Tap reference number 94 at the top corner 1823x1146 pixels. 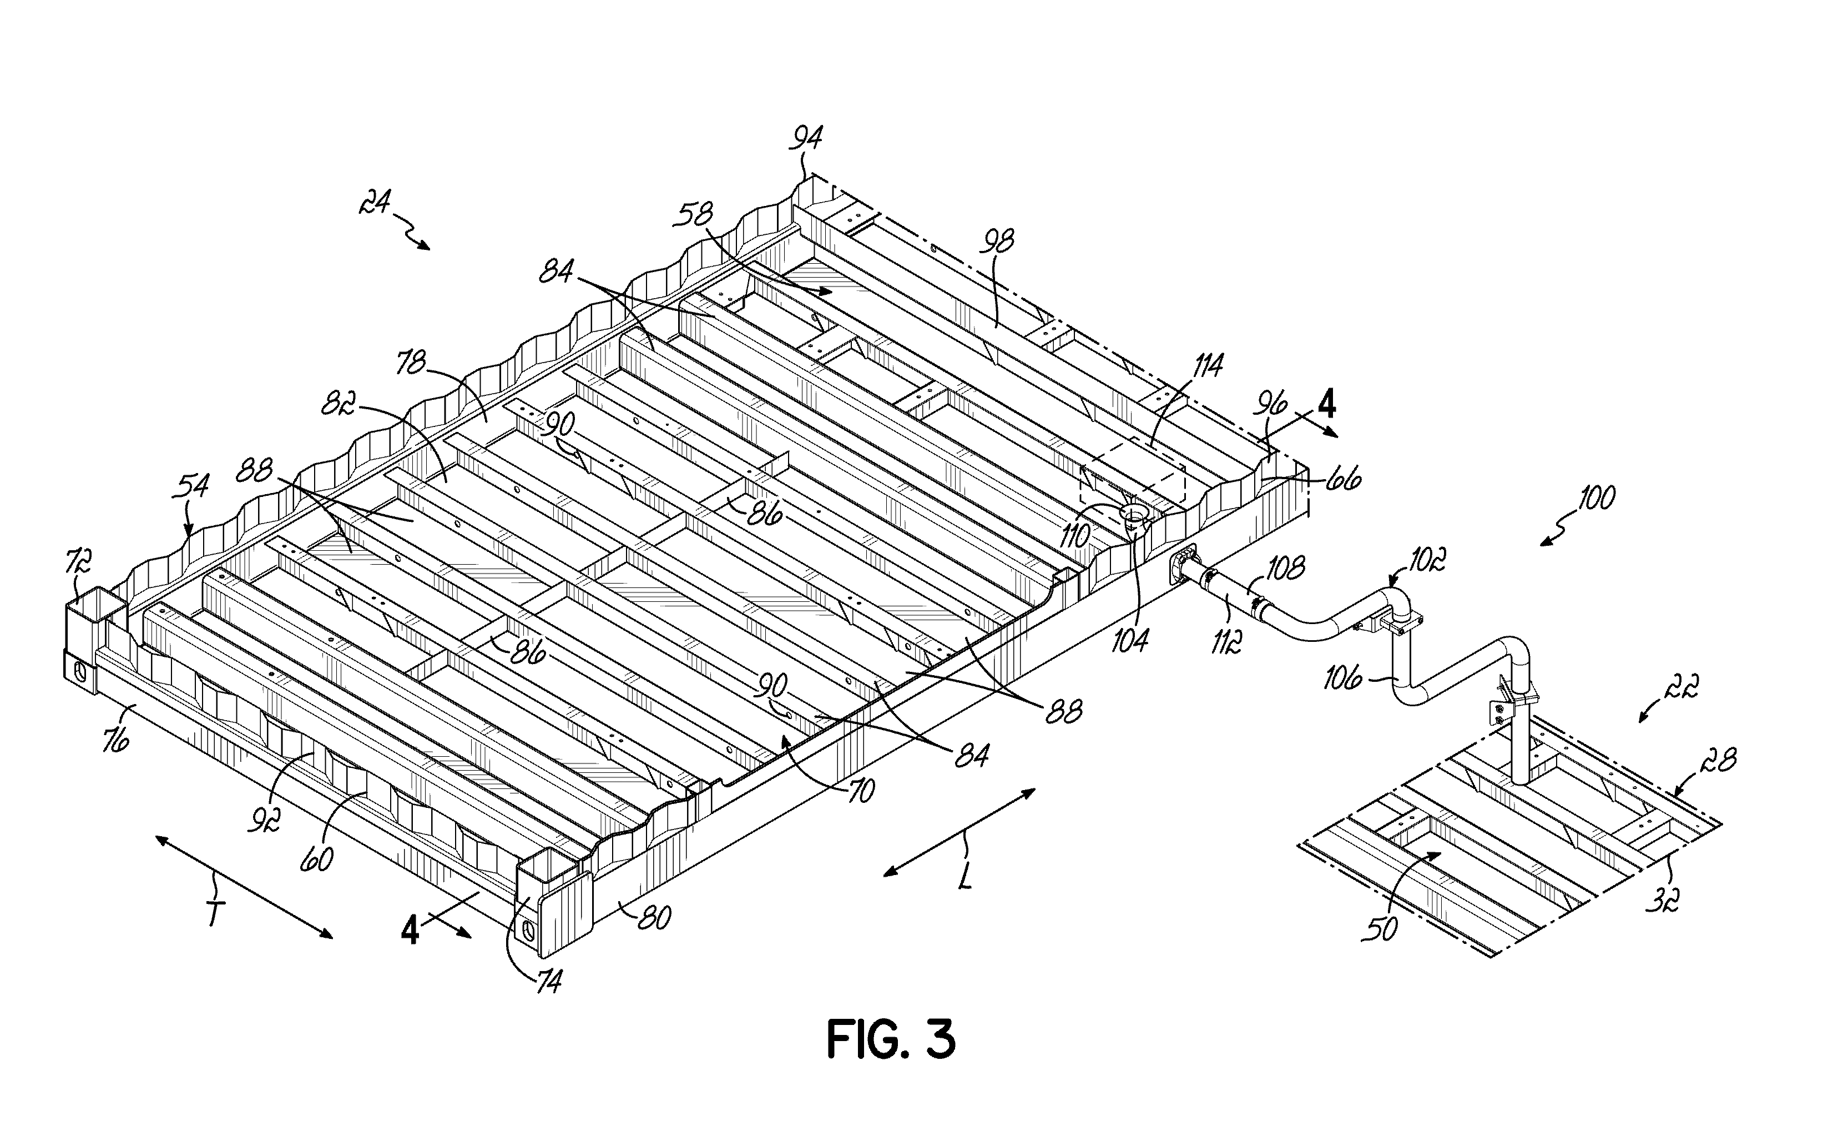point(806,139)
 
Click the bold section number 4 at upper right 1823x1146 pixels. point(1326,407)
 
